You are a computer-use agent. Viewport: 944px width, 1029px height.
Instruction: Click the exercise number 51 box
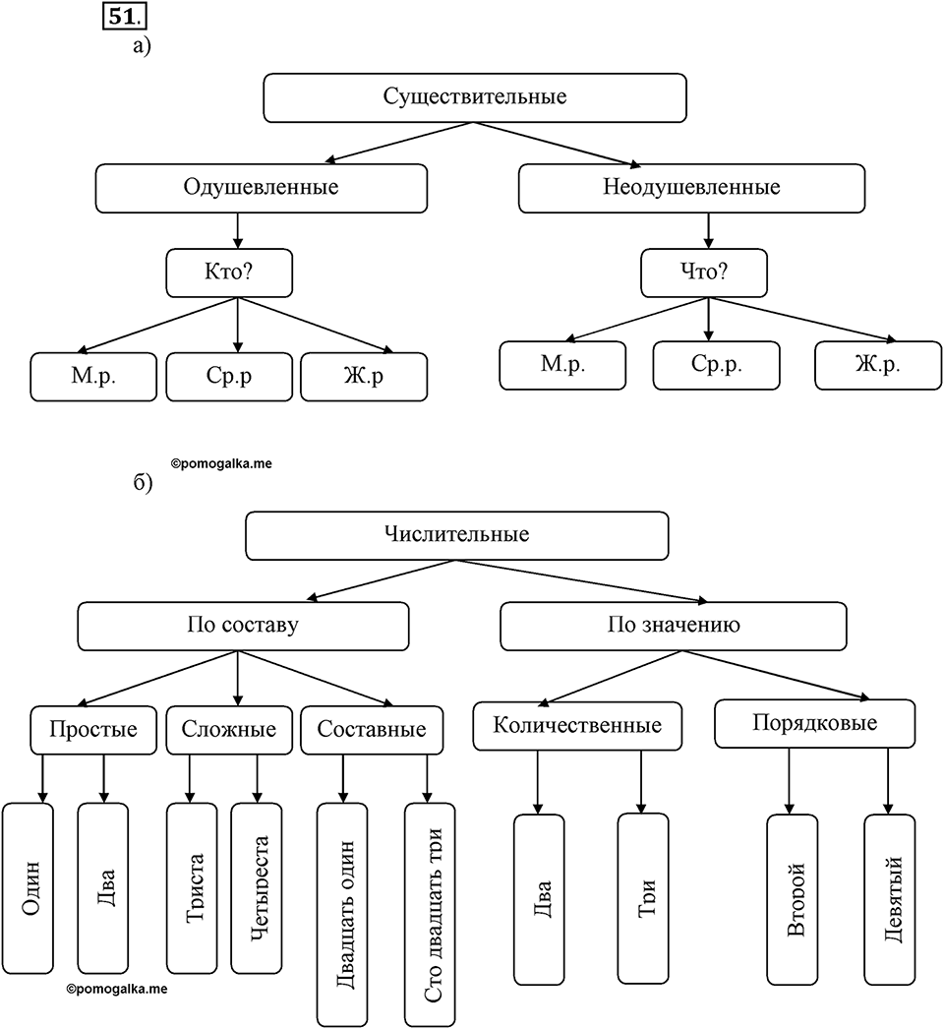[x=124, y=16]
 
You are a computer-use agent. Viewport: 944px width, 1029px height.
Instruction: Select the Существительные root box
[x=474, y=97]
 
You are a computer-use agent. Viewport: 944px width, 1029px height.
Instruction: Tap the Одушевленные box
[x=262, y=188]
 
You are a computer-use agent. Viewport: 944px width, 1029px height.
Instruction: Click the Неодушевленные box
[x=691, y=188]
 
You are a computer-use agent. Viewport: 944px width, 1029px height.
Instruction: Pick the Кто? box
[x=229, y=273]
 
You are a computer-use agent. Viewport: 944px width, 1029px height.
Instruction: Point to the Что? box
[x=704, y=273]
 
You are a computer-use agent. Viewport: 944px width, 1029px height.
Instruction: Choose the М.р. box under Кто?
[x=93, y=377]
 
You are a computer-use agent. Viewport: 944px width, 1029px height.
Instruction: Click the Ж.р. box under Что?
[x=878, y=366]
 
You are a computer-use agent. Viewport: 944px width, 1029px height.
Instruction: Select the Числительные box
[x=456, y=535]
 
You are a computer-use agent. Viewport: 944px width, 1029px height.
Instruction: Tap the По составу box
[x=243, y=626]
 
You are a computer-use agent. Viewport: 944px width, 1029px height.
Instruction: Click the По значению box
[x=673, y=626]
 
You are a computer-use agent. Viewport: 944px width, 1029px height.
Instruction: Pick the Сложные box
[x=229, y=730]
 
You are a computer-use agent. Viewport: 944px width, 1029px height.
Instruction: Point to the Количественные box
[x=577, y=726]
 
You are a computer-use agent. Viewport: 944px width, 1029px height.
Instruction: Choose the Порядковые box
[x=815, y=723]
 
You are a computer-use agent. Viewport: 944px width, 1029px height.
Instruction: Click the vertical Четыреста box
[x=257, y=888]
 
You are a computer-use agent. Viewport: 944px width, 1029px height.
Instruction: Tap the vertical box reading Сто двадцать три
[x=430, y=914]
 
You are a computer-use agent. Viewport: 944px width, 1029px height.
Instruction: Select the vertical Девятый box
[x=890, y=899]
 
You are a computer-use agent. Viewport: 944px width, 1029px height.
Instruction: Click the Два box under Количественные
[x=539, y=899]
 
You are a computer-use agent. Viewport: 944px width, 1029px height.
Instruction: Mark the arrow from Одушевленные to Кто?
[x=238, y=230]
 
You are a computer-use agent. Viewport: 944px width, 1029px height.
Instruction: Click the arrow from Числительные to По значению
[x=581, y=581]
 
